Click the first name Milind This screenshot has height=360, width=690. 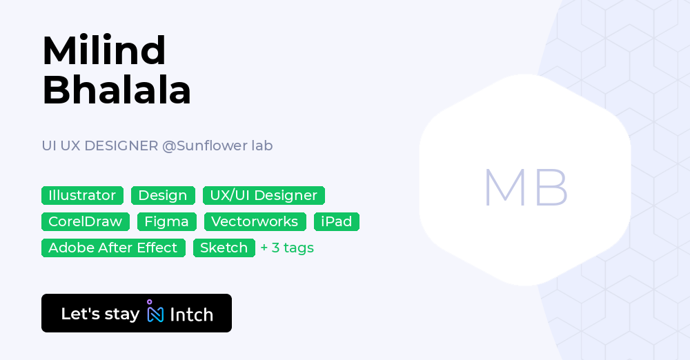pyautogui.click(x=103, y=50)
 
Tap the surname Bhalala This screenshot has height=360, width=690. pyautogui.click(x=116, y=90)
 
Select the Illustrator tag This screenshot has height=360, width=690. pyautogui.click(x=82, y=195)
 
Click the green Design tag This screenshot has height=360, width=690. pyautogui.click(x=163, y=195)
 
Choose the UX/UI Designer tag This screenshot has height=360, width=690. pyautogui.click(x=264, y=195)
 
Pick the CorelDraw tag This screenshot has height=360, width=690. pyautogui.click(x=85, y=221)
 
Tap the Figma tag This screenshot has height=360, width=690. pyautogui.click(x=167, y=221)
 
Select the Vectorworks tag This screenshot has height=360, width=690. pyautogui.click(x=255, y=221)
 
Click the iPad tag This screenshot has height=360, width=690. pyautogui.click(x=337, y=221)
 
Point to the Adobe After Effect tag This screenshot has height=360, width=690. pyautogui.click(x=113, y=248)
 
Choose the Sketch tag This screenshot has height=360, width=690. pyautogui.click(x=224, y=248)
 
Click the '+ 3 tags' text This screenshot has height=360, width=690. pyautogui.click(x=287, y=248)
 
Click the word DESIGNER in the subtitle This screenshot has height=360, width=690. pyautogui.click(x=121, y=146)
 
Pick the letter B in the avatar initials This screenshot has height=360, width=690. pyautogui.click(x=551, y=187)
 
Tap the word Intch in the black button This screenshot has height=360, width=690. pyautogui.click(x=191, y=314)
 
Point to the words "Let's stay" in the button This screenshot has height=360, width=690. pyautogui.click(x=100, y=314)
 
